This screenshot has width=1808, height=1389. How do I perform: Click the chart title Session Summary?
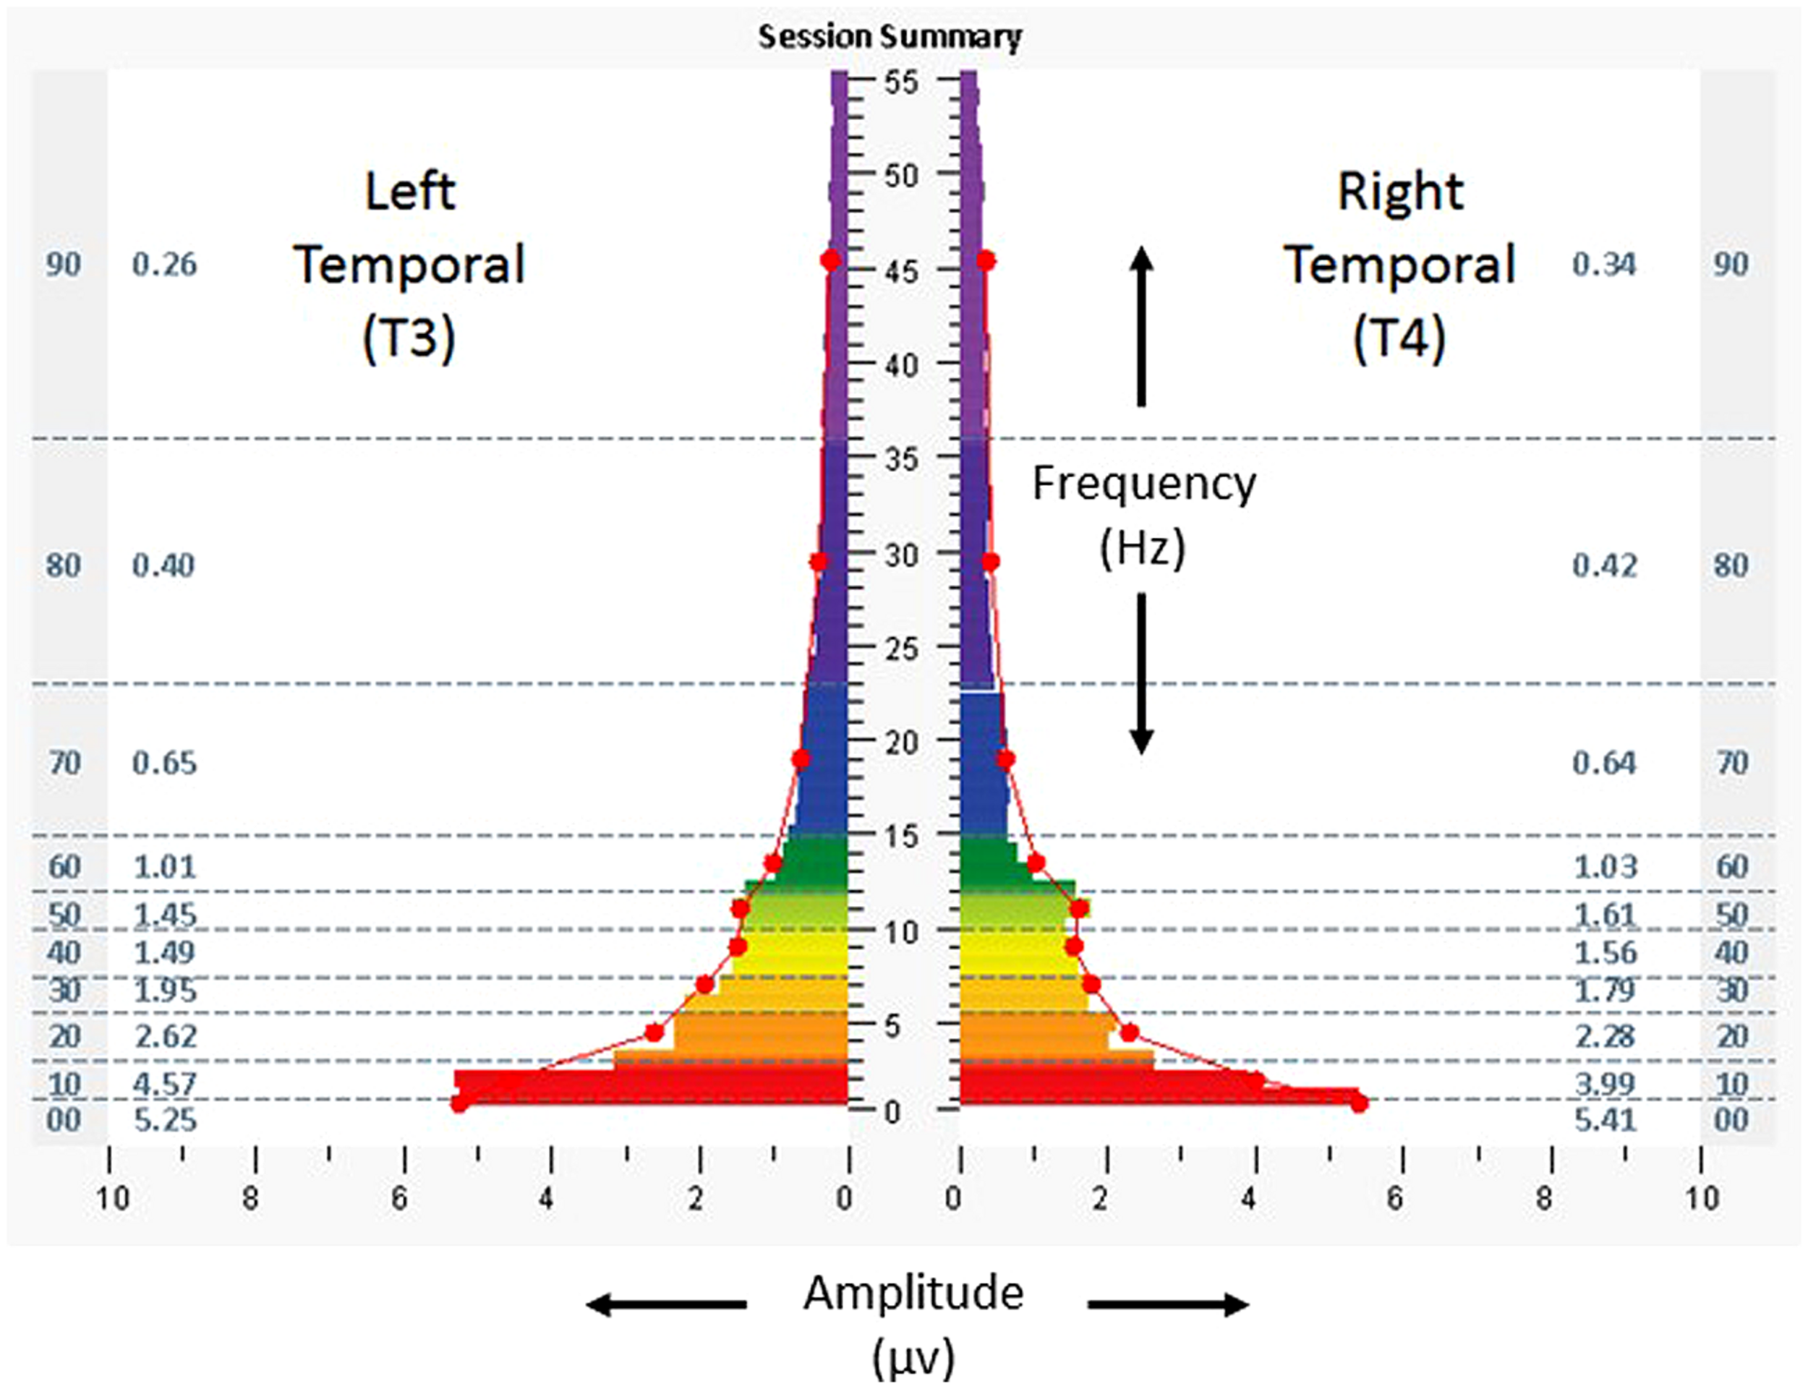[890, 37]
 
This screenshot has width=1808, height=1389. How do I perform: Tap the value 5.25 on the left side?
[166, 1120]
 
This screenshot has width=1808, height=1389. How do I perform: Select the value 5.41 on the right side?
[1604, 1120]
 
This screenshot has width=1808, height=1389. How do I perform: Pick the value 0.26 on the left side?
[164, 265]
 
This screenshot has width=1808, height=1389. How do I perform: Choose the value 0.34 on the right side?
[1604, 265]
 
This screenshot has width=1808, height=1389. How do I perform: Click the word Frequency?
[1143, 483]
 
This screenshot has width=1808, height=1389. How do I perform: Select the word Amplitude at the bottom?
[913, 1293]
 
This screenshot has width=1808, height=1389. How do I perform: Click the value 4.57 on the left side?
[166, 1083]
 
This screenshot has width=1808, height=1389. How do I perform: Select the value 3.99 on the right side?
[1604, 1083]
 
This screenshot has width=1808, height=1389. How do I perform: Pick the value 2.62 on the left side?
[166, 1035]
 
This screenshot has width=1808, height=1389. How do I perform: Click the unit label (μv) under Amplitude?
[913, 1358]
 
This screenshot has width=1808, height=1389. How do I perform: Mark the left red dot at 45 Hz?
[831, 260]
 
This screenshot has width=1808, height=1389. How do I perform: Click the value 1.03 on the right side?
[1605, 866]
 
